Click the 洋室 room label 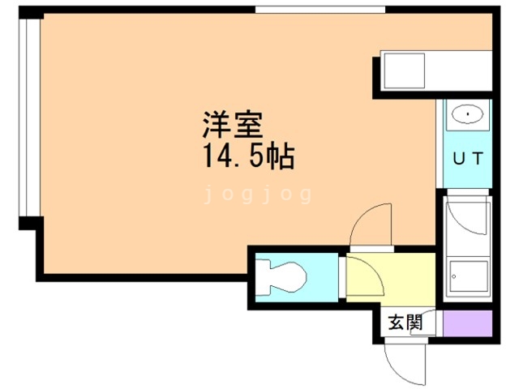[233, 125]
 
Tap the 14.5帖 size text [248, 156]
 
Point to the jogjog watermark [258, 194]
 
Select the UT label [468, 159]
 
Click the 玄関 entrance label [405, 323]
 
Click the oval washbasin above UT [467, 115]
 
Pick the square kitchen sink [404, 71]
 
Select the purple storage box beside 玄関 [467, 323]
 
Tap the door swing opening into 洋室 [369, 225]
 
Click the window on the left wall [29, 118]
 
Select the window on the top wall [320, 10]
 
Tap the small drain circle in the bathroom [454, 276]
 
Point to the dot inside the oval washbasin [468, 114]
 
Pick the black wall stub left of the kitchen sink [376, 78]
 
